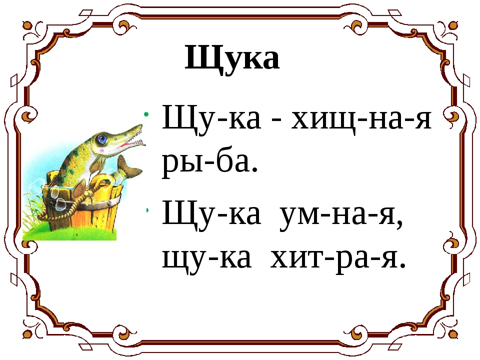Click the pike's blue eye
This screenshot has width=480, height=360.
pos(102,137)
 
